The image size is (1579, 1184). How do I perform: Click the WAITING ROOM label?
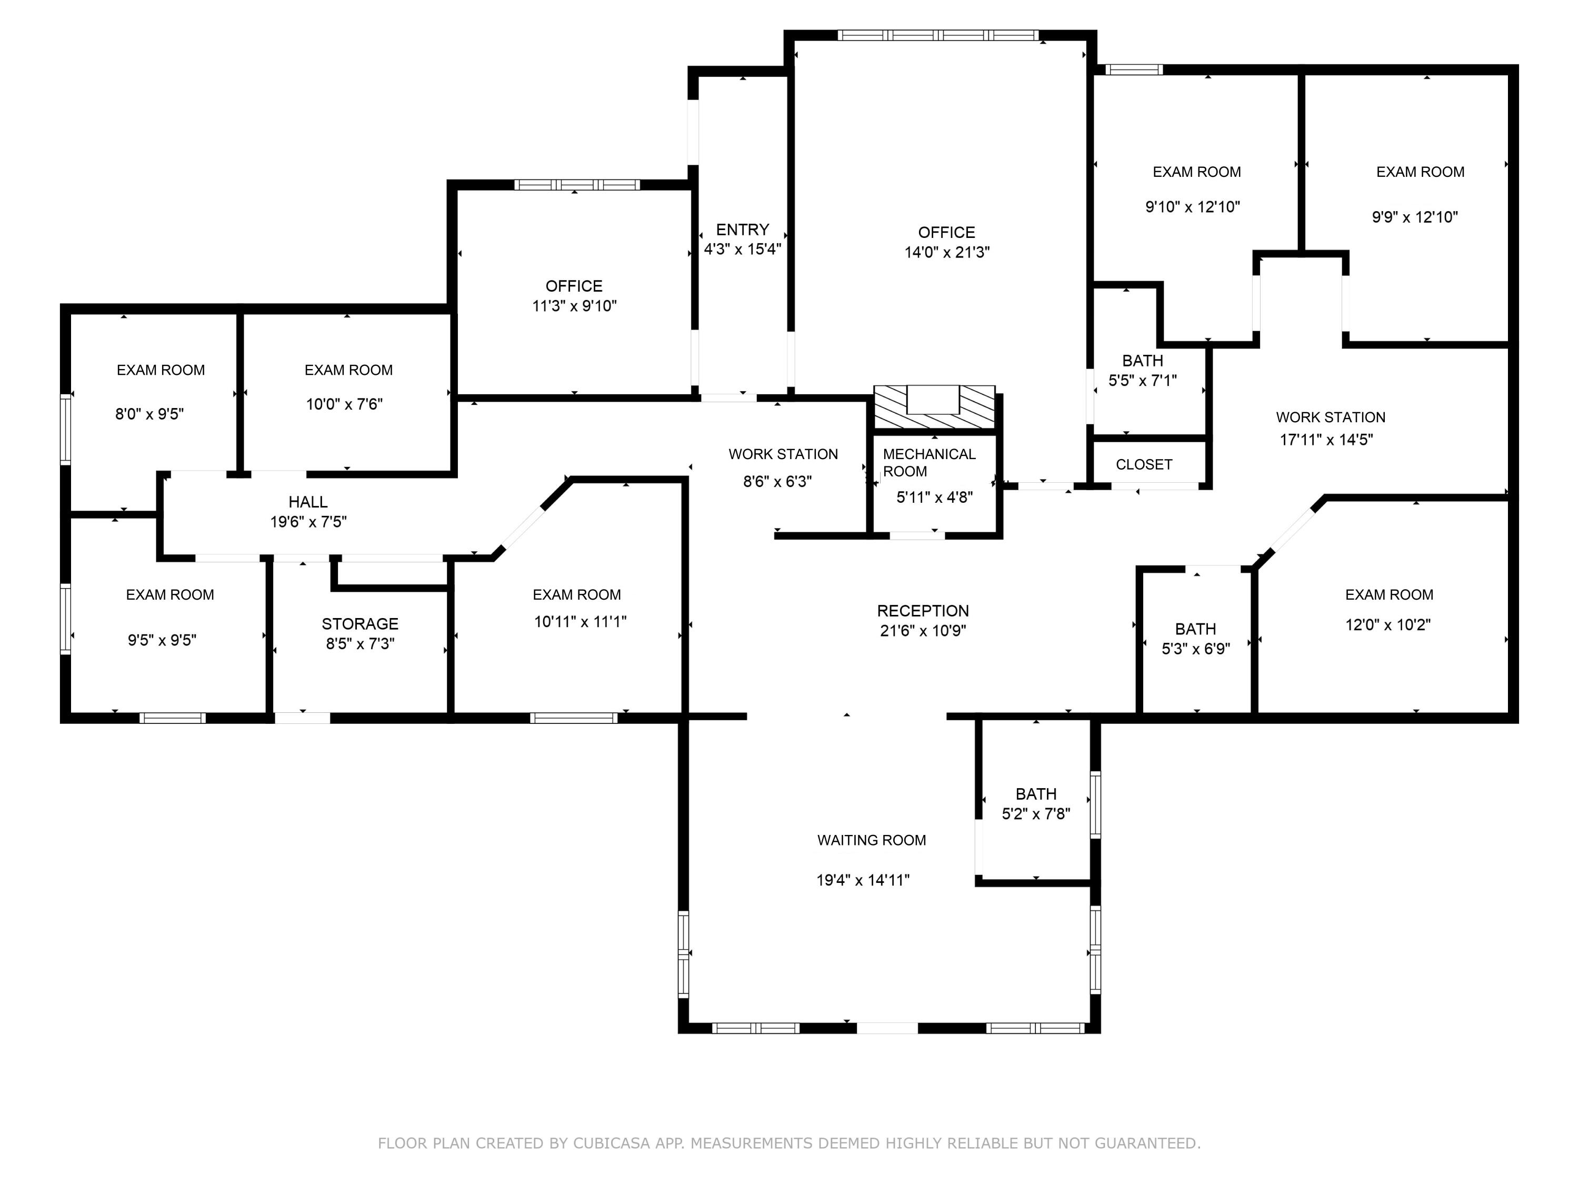(872, 841)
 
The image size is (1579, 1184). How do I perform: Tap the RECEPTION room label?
(923, 611)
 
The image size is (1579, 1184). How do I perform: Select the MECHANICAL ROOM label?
(928, 463)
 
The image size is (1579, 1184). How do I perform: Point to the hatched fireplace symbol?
(934, 406)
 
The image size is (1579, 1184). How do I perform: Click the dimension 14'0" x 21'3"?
(947, 252)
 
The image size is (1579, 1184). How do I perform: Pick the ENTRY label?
(742, 229)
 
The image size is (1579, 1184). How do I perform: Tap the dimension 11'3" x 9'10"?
(575, 306)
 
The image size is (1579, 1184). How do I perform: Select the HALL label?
(308, 502)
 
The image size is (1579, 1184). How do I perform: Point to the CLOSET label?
(1144, 465)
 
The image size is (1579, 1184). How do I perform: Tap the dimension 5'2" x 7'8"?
(1036, 814)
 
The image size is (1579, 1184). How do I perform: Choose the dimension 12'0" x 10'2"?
(1388, 625)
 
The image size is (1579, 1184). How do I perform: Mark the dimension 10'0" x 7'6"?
(345, 404)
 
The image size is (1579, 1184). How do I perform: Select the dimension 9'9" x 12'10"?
(1415, 217)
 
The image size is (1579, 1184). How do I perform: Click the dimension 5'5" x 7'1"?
(1142, 381)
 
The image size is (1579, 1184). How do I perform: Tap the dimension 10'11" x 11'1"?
(581, 622)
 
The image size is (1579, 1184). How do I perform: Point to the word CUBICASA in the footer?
(612, 1143)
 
